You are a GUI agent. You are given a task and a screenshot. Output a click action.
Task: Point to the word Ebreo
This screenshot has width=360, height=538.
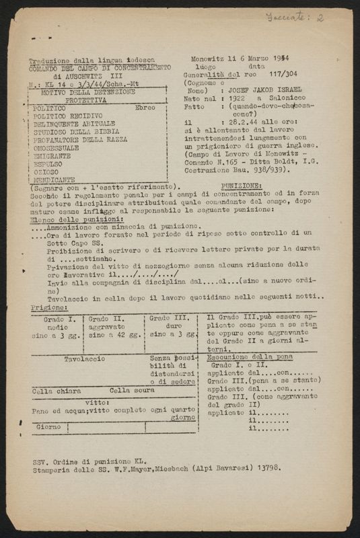click(x=145, y=107)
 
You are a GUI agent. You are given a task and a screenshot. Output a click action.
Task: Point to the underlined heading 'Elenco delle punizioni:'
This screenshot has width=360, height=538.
click(x=67, y=219)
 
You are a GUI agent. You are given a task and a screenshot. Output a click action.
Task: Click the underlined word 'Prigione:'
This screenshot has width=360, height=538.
click(x=46, y=305)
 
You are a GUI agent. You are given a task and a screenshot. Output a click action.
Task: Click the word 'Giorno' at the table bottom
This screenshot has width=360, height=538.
click(x=48, y=426)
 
